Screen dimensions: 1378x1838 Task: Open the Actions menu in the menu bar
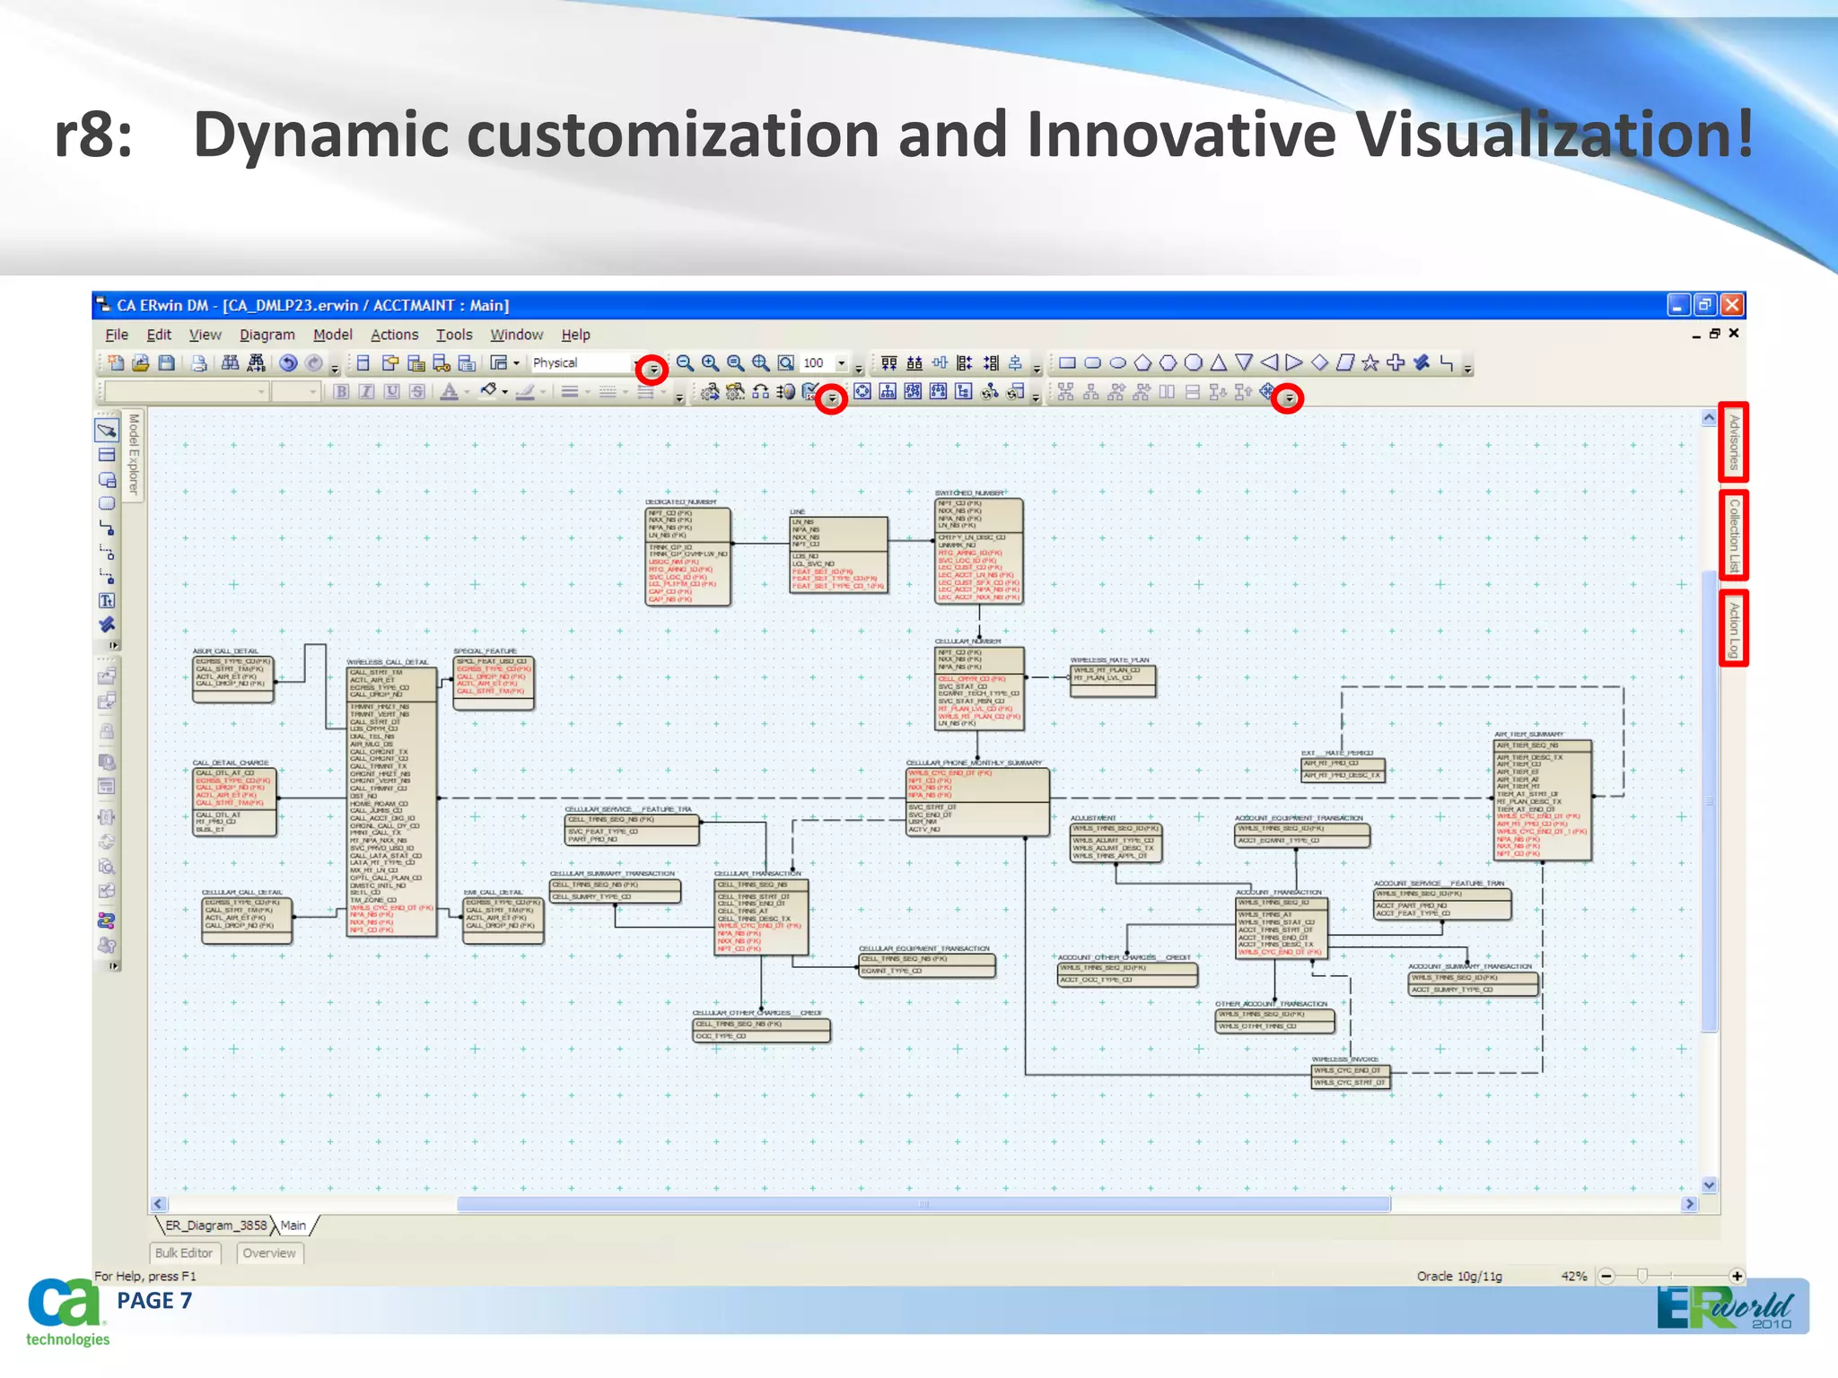394,335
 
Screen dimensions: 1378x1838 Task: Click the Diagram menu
267,335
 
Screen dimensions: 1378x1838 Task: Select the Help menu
575,335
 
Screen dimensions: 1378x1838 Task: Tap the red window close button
1732,305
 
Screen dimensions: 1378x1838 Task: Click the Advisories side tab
1733,441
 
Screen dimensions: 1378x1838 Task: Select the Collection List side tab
1733,536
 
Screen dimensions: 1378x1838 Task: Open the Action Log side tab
1733,629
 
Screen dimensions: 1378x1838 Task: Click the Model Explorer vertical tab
133,454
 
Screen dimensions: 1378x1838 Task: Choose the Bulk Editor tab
184,1253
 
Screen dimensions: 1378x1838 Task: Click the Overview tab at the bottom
269,1253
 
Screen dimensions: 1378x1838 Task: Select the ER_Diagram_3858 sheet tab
215,1225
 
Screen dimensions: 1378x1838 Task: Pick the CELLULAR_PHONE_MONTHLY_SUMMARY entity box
977,802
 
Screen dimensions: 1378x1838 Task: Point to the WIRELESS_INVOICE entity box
1351,1077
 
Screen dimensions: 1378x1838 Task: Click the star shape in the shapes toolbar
1370,362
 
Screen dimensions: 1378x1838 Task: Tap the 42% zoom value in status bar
1573,1276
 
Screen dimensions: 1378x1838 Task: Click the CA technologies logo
65,1313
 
